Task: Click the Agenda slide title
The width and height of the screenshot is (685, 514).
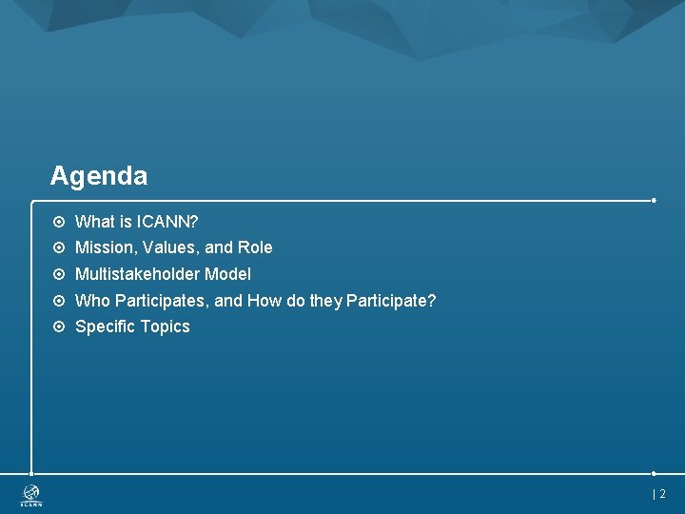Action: point(99,176)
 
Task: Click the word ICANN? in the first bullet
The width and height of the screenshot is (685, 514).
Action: point(167,222)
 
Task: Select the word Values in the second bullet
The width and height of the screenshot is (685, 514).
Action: point(170,247)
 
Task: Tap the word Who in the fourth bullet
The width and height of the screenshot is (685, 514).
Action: point(92,301)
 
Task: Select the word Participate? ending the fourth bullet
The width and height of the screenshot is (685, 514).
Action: point(391,301)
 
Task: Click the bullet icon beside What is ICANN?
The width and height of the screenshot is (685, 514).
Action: point(59,222)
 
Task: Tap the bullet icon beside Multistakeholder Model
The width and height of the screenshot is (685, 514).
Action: point(59,274)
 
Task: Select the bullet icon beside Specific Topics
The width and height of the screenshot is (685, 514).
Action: point(59,326)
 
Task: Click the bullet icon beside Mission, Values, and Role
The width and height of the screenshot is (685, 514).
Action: point(59,247)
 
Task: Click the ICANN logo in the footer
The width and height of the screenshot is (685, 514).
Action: point(32,495)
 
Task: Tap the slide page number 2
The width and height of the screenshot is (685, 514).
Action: point(662,494)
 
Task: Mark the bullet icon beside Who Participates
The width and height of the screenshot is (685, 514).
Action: point(59,301)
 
